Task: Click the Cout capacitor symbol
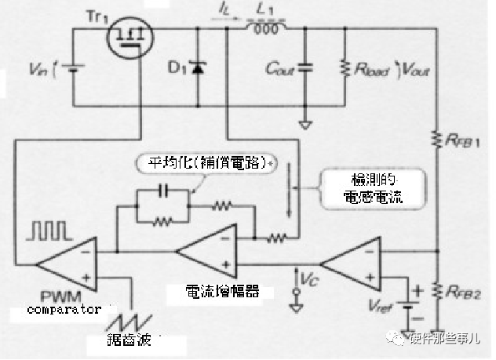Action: [305, 69]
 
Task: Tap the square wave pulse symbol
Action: [49, 231]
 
